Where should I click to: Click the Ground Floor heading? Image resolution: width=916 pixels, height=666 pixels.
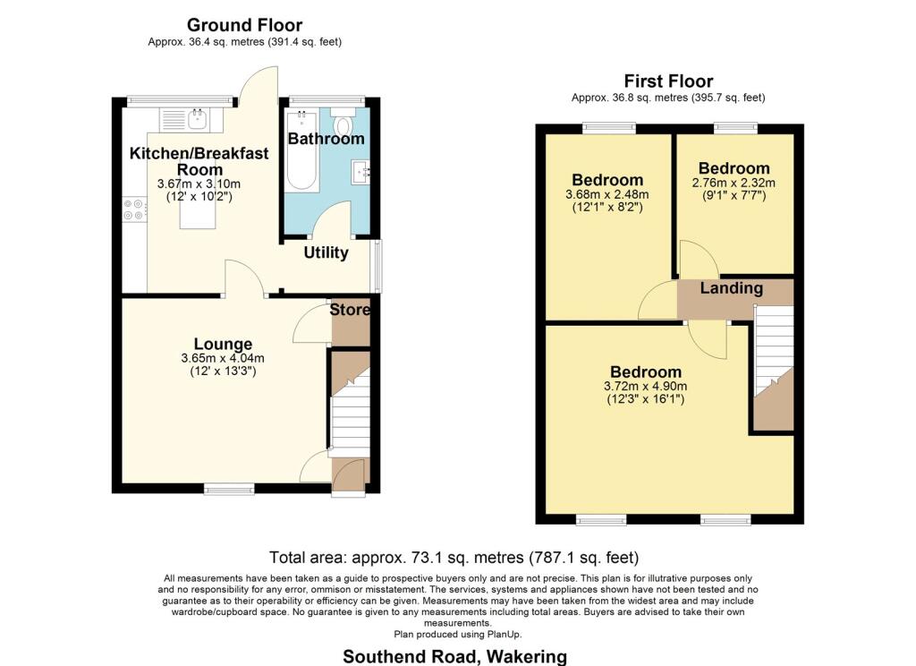(243, 25)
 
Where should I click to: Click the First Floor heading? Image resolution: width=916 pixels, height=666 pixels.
(668, 81)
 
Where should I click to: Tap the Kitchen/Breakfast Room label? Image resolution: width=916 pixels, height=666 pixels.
(199, 161)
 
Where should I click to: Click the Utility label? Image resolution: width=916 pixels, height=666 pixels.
(326, 253)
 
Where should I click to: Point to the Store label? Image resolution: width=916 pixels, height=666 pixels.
(350, 311)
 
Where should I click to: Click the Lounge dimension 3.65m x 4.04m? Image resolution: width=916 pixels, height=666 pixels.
(223, 359)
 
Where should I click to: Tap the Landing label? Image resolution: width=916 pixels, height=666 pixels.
(731, 288)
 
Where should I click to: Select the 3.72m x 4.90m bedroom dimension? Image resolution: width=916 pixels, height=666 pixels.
(645, 387)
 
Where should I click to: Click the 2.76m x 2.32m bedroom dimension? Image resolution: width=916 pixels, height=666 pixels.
(734, 184)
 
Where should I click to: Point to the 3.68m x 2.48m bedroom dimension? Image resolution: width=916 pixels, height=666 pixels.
(607, 194)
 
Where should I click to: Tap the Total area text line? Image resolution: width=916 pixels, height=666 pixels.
(454, 557)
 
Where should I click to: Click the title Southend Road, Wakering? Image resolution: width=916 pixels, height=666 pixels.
(454, 656)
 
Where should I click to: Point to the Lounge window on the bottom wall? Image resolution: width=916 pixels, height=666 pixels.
(228, 489)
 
